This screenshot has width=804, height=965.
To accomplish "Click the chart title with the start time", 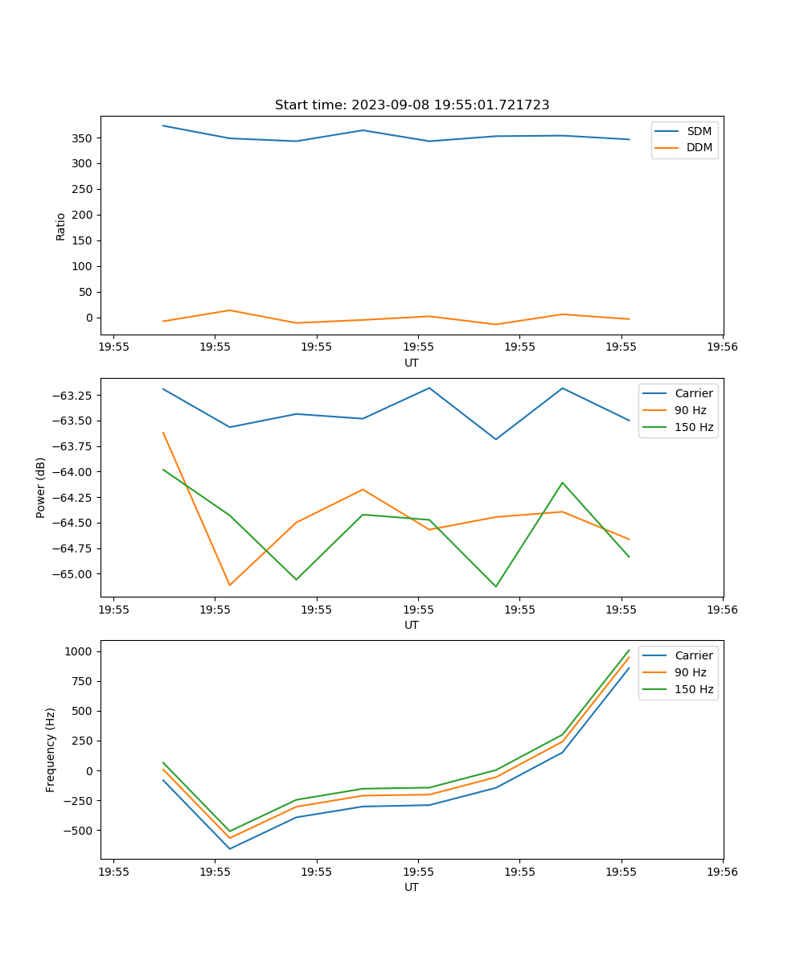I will (412, 105).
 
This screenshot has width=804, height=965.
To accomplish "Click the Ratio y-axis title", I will (61, 227).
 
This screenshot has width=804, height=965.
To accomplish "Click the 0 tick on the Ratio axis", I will (90, 318).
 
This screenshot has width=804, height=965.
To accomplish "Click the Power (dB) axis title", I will (41, 487).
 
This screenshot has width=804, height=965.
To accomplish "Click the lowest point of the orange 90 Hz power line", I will (230, 585).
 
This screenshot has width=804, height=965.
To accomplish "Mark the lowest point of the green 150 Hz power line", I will (495, 586).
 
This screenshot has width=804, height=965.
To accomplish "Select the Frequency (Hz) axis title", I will (51, 749).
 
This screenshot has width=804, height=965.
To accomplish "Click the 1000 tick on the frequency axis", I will (80, 651).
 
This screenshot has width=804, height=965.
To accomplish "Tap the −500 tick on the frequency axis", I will (80, 831).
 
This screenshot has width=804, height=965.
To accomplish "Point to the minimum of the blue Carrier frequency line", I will (230, 848).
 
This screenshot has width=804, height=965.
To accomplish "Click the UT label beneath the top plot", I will (412, 363).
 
